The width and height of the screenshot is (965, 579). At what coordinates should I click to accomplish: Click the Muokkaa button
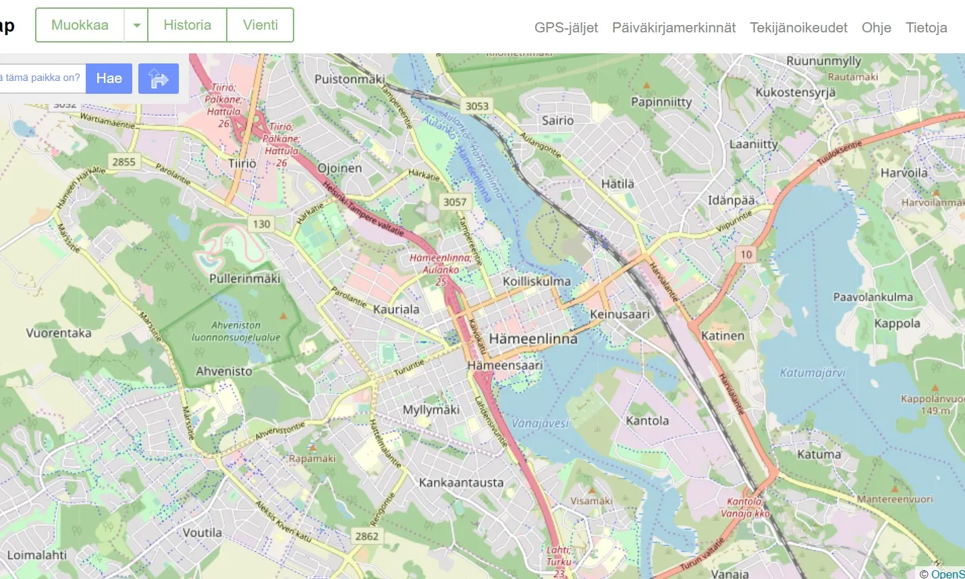[80, 25]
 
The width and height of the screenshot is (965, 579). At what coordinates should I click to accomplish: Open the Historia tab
[187, 25]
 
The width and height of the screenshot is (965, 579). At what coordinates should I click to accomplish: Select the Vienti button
[260, 25]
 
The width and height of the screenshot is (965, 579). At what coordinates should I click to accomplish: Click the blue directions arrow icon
[158, 78]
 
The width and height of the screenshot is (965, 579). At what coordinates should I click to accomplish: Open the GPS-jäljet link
[566, 28]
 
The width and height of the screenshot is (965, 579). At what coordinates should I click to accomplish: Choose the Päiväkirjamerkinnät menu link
[673, 28]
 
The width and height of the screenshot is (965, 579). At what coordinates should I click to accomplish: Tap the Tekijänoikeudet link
[798, 28]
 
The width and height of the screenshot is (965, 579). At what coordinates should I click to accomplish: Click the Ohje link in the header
[876, 28]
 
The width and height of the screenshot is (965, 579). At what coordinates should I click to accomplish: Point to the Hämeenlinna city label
[533, 339]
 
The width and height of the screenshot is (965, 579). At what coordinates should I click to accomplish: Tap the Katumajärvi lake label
[812, 373]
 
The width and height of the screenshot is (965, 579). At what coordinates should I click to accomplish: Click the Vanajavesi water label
[540, 423]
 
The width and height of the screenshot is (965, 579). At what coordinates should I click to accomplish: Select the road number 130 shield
[261, 224]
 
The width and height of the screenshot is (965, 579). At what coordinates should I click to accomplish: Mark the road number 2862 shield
[366, 536]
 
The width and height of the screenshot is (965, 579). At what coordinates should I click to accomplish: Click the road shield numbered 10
[746, 254]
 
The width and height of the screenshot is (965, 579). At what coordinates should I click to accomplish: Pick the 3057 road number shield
[455, 202]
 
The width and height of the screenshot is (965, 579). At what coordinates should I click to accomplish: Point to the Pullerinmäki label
[244, 278]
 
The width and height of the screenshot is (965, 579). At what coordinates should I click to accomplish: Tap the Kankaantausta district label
[461, 482]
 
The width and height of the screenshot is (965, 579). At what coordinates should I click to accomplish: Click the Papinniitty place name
[661, 102]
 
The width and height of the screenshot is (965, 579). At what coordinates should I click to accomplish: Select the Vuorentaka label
[59, 333]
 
